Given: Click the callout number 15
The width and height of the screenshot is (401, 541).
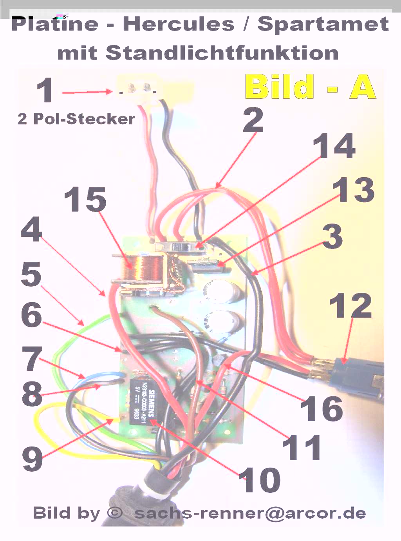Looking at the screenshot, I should click(x=85, y=200).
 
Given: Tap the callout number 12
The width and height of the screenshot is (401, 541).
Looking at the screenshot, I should click(x=350, y=306).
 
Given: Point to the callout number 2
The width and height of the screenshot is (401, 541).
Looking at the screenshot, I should click(x=253, y=120).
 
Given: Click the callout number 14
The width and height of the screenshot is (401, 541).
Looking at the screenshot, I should click(x=334, y=146).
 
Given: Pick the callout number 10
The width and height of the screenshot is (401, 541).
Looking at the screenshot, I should click(x=260, y=480).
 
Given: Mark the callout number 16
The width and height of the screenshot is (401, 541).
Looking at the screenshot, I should click(x=322, y=409).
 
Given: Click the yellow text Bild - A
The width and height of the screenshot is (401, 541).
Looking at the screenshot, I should click(x=311, y=87).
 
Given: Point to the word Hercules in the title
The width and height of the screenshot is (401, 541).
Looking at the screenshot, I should click(x=179, y=24).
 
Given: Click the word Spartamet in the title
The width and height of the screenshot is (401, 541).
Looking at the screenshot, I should click(x=323, y=24).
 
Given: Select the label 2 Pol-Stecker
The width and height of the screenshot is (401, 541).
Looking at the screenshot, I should click(x=76, y=119).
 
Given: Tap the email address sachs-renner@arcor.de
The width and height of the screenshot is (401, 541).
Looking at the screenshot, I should click(x=250, y=513).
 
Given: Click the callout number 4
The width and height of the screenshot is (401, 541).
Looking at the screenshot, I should click(x=31, y=229).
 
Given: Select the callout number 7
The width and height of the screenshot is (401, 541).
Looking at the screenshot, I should click(x=32, y=359).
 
